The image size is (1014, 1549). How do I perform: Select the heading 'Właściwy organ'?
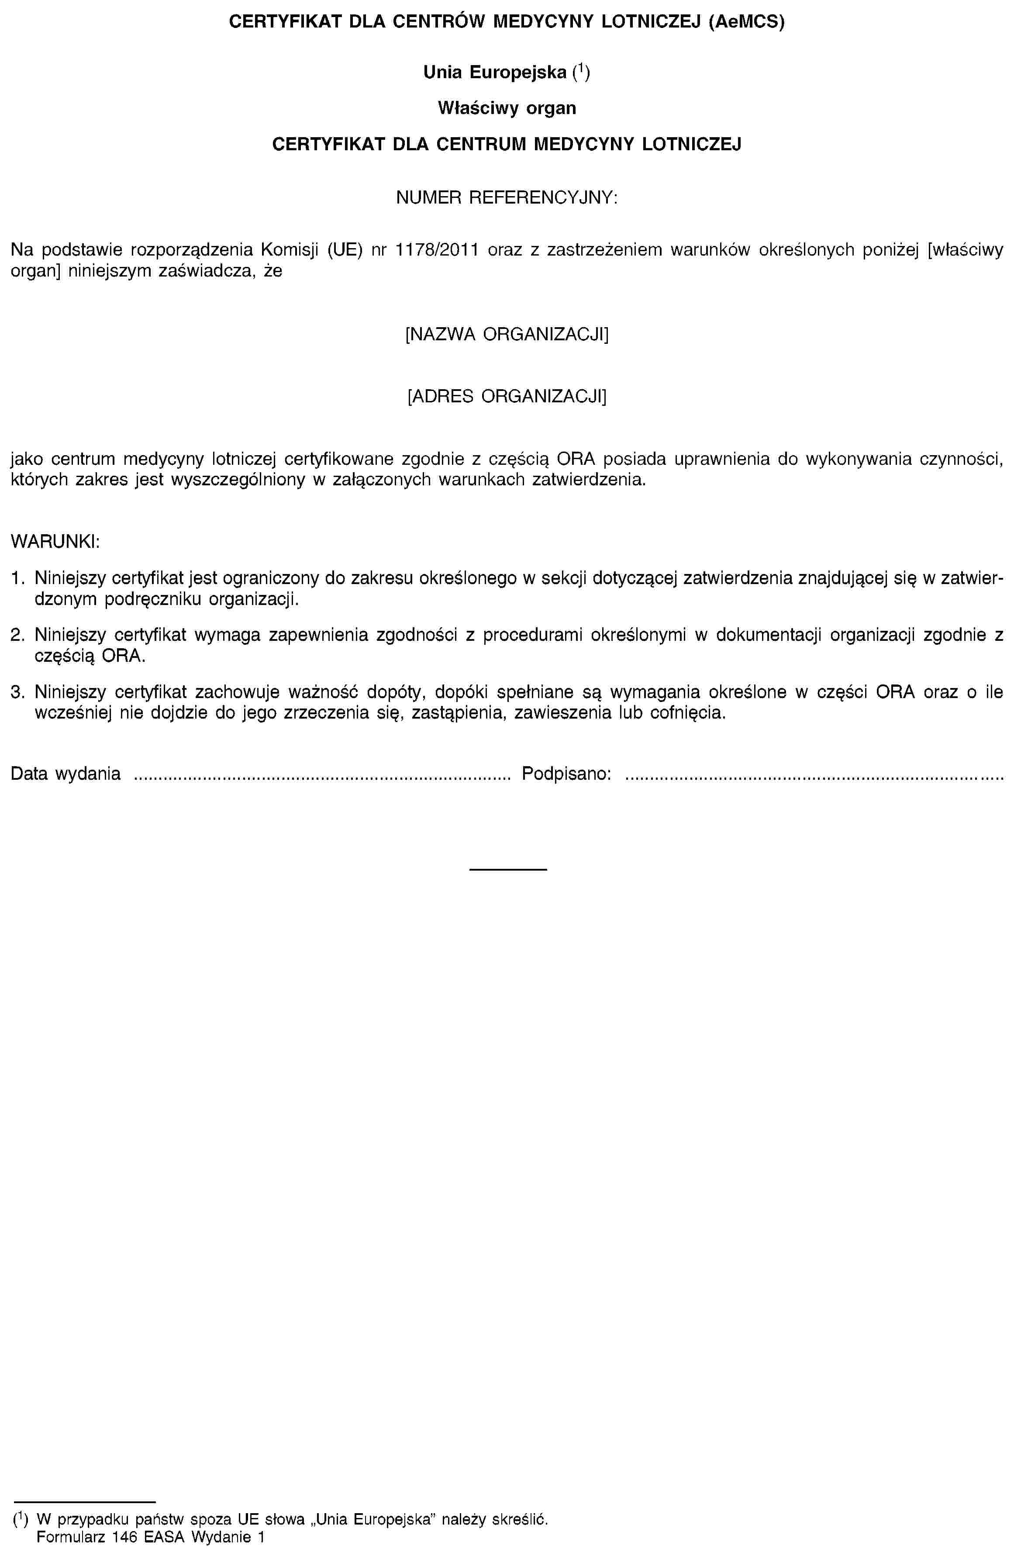coord(507,107)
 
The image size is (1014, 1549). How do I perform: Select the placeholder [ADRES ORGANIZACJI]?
coord(507,396)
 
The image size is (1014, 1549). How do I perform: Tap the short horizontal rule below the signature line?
coord(507,870)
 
